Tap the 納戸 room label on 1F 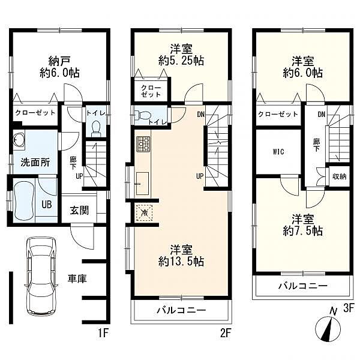click(x=59, y=61)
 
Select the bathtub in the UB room click(x=24, y=200)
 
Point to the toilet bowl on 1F click(x=96, y=128)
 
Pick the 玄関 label click(x=79, y=211)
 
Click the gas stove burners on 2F click(x=143, y=144)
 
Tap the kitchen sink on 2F click(x=142, y=183)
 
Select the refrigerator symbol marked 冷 click(x=144, y=212)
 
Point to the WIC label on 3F click(x=278, y=152)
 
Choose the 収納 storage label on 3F click(x=340, y=176)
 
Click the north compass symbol click(x=328, y=328)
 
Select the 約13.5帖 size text click(x=181, y=261)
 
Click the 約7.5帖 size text click(x=303, y=231)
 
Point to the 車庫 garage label click(x=77, y=279)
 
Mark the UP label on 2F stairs click(x=200, y=176)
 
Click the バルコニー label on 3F click(x=303, y=286)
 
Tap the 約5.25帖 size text click(x=181, y=61)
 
